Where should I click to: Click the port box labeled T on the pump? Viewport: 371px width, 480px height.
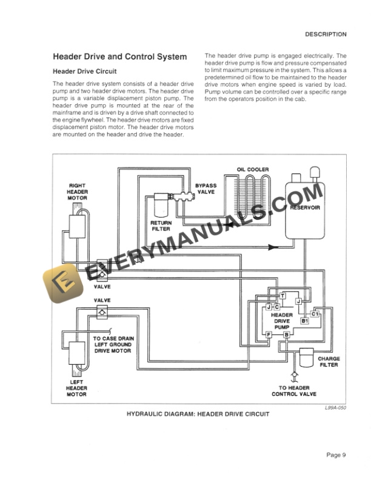(282, 295)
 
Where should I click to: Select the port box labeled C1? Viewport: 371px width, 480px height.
(315, 313)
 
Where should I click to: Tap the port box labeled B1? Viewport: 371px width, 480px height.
(304, 321)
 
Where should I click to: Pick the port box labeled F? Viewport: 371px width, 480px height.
(268, 334)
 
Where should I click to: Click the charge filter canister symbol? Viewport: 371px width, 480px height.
(308, 356)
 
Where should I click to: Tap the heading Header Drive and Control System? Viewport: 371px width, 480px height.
(120, 57)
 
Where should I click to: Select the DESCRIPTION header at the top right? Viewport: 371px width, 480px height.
(326, 35)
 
